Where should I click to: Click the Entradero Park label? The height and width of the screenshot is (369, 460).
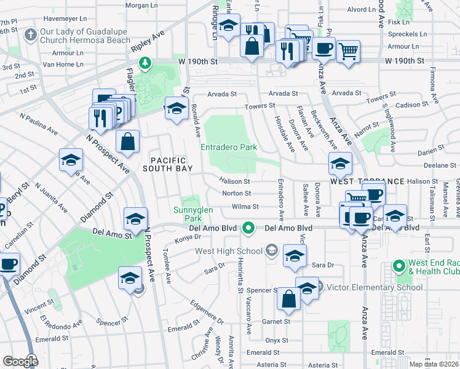229,147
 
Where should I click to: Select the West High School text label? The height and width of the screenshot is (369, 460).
228,251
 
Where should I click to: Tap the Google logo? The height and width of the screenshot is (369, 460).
20,362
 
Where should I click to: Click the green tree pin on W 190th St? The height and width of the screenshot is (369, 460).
145,62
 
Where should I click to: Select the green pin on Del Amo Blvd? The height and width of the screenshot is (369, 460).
248,228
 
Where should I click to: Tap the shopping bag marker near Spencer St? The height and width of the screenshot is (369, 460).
288,300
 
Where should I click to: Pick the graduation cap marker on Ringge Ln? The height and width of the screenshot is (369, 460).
229,26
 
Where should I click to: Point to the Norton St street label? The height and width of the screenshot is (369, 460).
236,194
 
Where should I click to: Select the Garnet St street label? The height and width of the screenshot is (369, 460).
277,321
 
